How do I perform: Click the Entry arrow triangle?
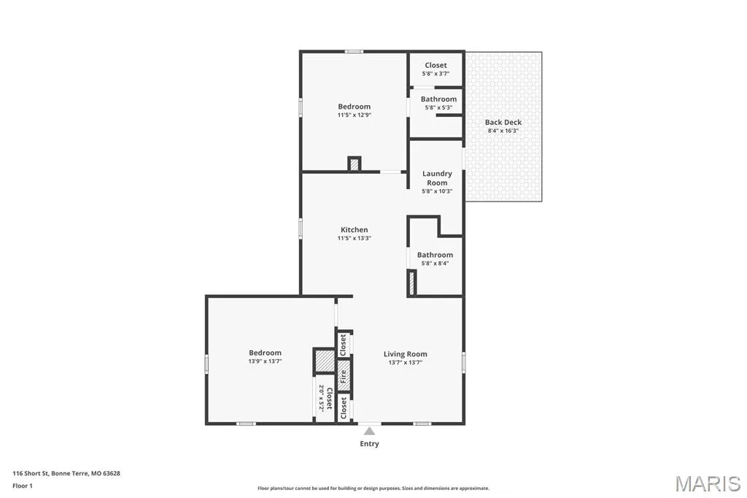click(369, 432)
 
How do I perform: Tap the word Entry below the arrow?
click(369, 444)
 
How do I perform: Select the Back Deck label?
click(503, 122)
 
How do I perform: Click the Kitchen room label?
click(354, 229)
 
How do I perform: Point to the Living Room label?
click(406, 354)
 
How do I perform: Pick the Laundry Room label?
click(437, 178)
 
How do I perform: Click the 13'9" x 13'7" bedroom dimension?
click(265, 361)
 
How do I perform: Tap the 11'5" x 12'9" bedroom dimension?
click(354, 115)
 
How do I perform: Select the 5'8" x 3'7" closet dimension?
click(436, 74)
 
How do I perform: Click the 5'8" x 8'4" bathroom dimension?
click(435, 263)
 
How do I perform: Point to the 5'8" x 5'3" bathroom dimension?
click(438, 107)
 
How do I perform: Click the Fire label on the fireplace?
click(343, 376)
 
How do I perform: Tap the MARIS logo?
click(708, 483)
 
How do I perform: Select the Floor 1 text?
click(23, 486)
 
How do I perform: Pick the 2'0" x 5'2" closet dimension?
click(322, 398)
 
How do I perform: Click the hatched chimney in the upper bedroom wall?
click(354, 164)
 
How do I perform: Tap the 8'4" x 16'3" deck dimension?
click(503, 130)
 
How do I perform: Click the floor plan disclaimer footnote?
click(373, 488)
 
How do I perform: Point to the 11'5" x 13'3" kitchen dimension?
click(354, 238)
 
